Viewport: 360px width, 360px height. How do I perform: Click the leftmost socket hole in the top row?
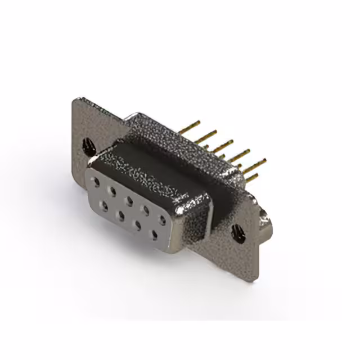tap(97, 182)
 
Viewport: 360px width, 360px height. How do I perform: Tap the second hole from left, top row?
tap(112, 191)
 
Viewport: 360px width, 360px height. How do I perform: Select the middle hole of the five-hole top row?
tap(129, 200)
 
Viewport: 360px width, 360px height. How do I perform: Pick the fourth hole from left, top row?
tap(146, 210)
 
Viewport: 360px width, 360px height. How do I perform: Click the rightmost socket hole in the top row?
tap(163, 220)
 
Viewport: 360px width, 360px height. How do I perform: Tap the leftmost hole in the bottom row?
tap(104, 206)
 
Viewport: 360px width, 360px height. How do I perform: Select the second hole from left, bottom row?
tap(120, 215)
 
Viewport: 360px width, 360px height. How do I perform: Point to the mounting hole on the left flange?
tap(89, 147)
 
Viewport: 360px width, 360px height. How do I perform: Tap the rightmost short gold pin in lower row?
tap(251, 178)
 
